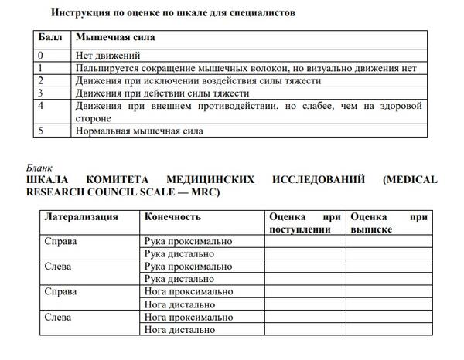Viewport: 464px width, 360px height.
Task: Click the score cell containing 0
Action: (42, 56)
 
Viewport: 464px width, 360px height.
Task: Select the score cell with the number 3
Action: (42, 93)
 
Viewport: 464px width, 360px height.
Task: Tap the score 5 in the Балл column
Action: (42, 131)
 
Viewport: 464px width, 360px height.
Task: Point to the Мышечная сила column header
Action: (114, 37)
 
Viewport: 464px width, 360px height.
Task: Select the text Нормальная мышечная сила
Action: (139, 131)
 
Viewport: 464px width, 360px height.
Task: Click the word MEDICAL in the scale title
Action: (410, 179)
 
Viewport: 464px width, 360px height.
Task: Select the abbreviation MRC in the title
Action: (204, 192)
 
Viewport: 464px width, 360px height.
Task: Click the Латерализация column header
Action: (80, 217)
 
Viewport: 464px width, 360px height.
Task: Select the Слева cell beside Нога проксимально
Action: (59, 317)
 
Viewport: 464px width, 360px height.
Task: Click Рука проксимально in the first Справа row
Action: (188, 241)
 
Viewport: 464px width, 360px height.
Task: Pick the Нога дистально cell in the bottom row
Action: (180, 330)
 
